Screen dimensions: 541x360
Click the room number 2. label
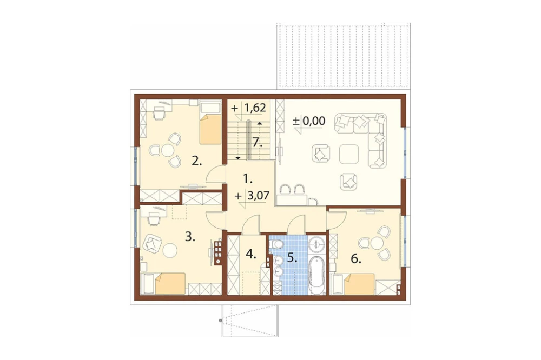[x=197, y=161]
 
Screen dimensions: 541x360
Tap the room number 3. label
[x=190, y=237]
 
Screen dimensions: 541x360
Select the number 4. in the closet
[x=251, y=255]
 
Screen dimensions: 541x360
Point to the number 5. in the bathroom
[x=292, y=258]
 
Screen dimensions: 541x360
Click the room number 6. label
[x=356, y=259]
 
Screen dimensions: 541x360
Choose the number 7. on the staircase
[x=257, y=142]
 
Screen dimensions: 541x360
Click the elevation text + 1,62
[x=249, y=108]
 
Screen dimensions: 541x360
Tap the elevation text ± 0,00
[x=309, y=121]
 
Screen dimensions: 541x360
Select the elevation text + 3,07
[x=252, y=197]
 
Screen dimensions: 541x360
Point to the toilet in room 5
[x=276, y=244]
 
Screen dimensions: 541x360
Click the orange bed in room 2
[x=210, y=129]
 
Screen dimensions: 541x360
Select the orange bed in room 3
[x=170, y=283]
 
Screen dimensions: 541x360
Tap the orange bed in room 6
[x=359, y=284]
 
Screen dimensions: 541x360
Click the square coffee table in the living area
[x=349, y=154]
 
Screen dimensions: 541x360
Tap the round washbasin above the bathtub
[x=316, y=244]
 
